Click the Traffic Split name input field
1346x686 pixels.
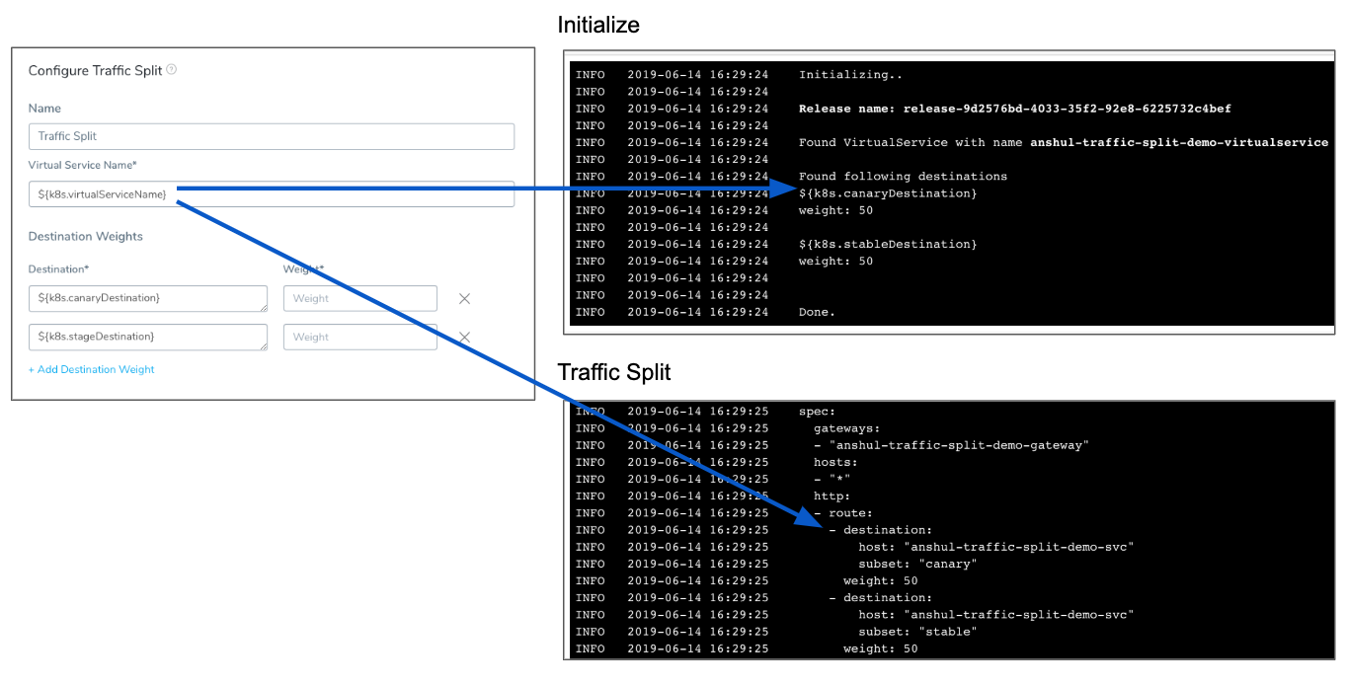coord(271,136)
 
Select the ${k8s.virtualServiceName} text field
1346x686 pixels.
coord(271,194)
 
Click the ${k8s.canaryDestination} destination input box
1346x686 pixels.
coord(148,298)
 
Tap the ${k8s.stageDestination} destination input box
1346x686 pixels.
coord(148,337)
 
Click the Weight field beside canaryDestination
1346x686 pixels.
coord(359,298)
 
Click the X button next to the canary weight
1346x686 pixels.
coord(464,298)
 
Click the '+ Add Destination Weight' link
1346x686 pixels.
coord(91,369)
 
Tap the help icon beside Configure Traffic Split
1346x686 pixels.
coord(171,70)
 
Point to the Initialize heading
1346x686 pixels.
coord(598,26)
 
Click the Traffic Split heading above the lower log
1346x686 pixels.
coord(613,372)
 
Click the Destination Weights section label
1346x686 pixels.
coord(85,236)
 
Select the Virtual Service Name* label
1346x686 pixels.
coord(82,165)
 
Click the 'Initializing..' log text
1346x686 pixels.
coord(850,74)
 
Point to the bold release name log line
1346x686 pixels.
coord(1015,109)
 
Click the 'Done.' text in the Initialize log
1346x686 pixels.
coord(817,312)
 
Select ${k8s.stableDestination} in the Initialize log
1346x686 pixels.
coord(888,244)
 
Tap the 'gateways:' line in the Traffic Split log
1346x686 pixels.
coord(846,428)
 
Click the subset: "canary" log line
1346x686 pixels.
coord(917,564)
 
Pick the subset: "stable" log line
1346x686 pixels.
coord(917,632)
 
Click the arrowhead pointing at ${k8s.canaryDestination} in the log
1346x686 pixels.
coord(783,189)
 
